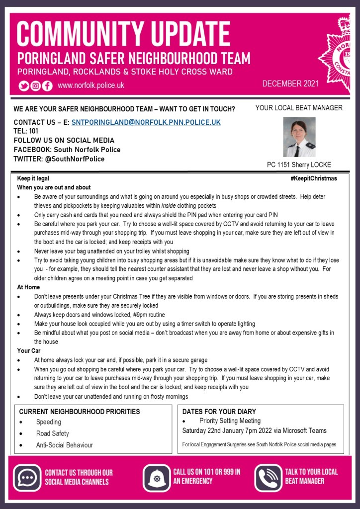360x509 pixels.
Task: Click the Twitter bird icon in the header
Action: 24,85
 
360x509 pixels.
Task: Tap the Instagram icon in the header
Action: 36,85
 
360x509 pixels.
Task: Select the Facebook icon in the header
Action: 47,85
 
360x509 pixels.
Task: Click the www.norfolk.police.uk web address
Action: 91,85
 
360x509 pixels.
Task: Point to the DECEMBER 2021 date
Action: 290,84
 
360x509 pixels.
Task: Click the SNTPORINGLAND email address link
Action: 146,122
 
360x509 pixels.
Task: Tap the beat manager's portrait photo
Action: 299,137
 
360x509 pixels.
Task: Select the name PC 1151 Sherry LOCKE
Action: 299,165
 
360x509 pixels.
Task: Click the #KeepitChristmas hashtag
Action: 314,178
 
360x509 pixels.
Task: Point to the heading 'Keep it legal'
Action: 33,178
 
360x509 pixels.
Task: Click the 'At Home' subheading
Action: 28,287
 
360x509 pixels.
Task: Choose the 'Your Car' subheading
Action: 28,351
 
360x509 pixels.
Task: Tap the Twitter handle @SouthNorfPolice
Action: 74,159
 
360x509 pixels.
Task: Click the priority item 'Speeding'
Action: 49,422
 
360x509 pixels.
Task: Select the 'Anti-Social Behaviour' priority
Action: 65,445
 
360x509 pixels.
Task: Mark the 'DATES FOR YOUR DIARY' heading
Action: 219,412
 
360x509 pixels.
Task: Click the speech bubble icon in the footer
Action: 26,477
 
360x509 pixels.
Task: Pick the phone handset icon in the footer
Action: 269,478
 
